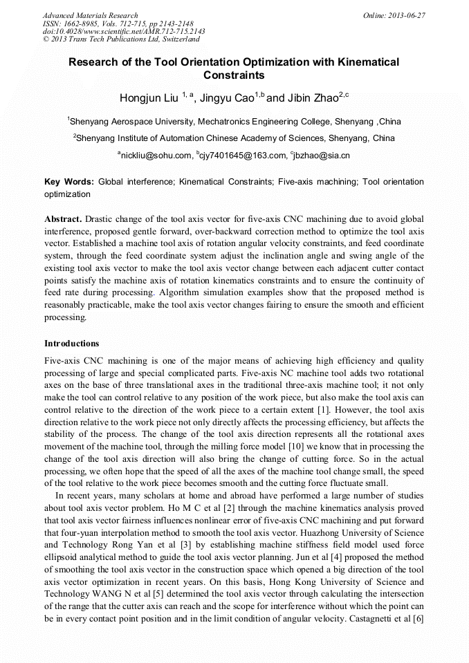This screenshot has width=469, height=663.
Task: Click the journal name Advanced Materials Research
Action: tap(91, 15)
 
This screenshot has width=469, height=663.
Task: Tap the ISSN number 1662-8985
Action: tap(80, 24)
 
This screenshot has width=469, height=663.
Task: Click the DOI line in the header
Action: tap(124, 32)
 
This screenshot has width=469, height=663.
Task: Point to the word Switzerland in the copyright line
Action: tap(179, 39)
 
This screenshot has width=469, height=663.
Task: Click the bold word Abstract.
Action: tap(63, 218)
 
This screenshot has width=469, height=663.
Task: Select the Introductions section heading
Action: tap(72, 344)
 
